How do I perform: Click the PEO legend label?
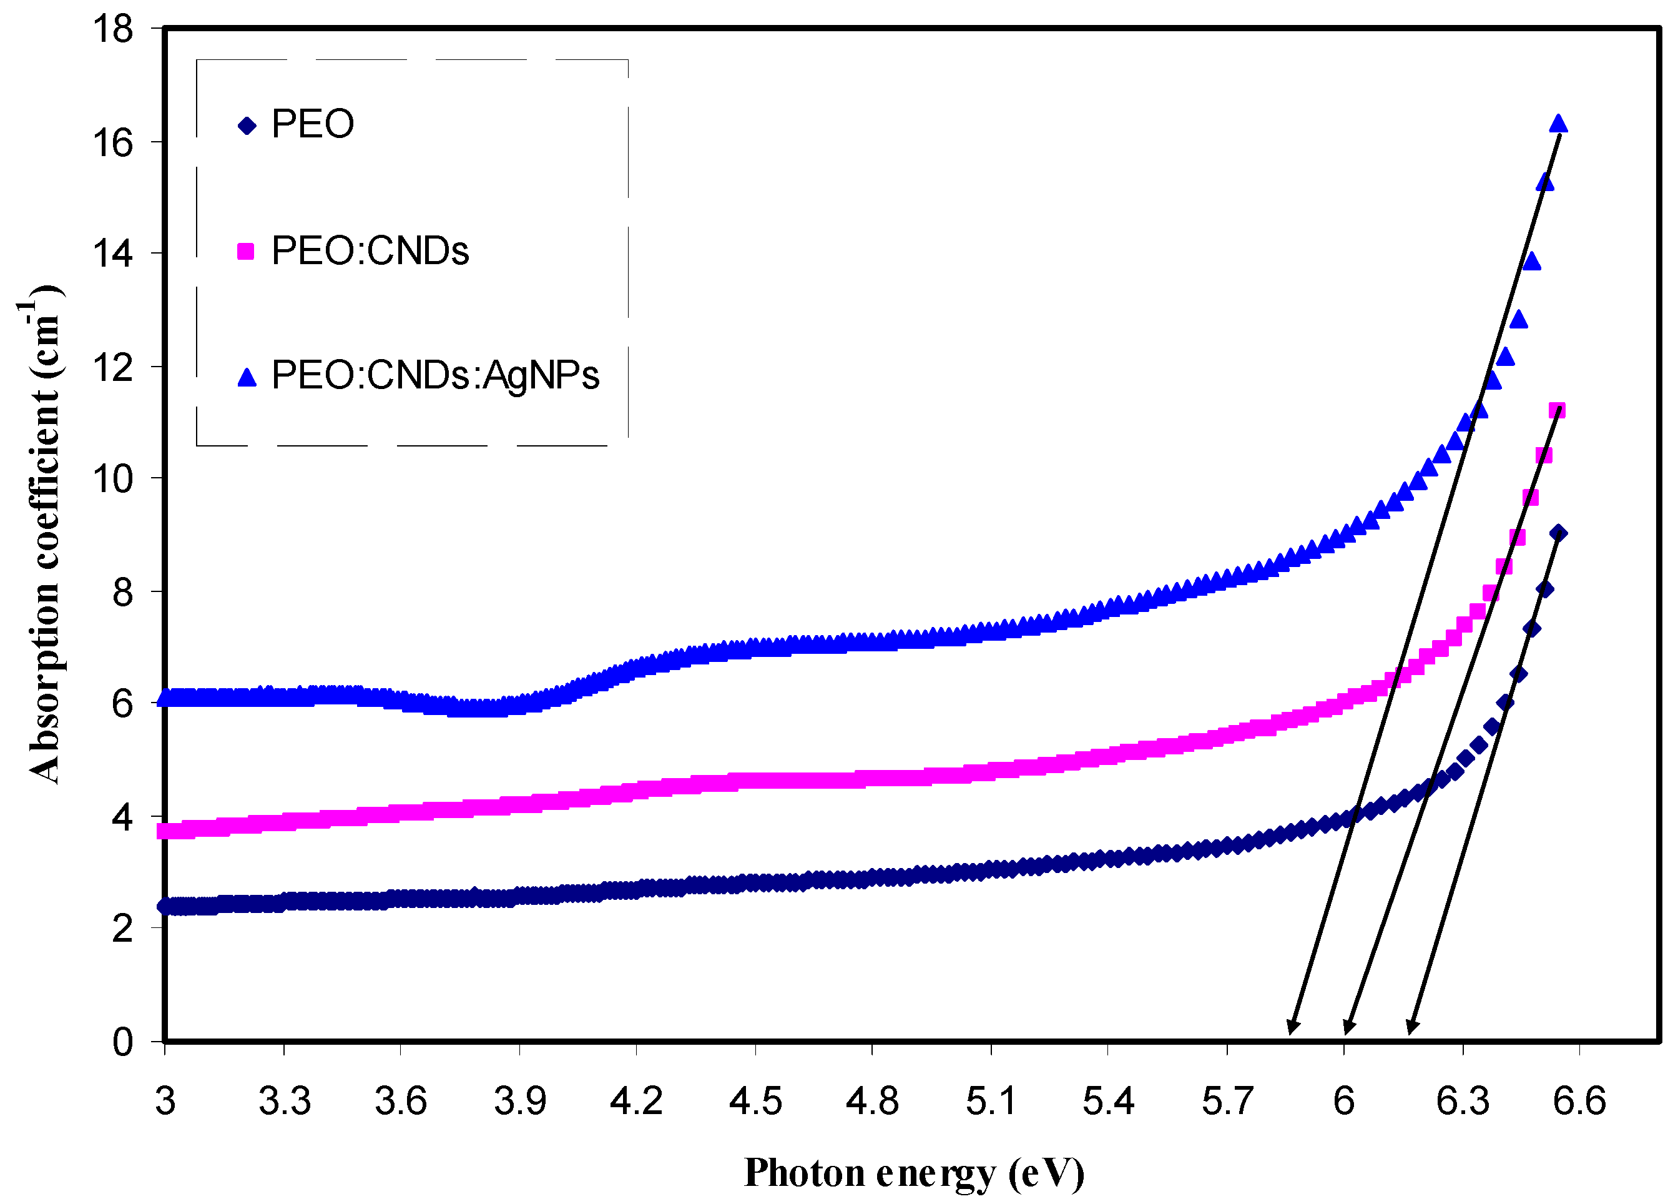point(312,124)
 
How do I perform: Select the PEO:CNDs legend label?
point(370,251)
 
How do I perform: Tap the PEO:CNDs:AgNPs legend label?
point(435,375)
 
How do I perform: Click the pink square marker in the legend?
point(245,252)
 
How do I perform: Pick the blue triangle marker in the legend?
point(247,377)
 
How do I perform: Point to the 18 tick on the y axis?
point(112,29)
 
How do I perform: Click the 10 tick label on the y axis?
point(112,479)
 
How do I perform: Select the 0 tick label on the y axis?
point(122,1042)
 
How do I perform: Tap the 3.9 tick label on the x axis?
point(519,1101)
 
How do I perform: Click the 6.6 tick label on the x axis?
point(1579,1101)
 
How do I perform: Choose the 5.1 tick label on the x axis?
point(991,1101)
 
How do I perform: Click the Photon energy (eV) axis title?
point(914,1173)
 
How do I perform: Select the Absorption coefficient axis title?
point(43,533)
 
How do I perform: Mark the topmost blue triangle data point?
point(1558,124)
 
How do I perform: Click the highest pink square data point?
point(1557,411)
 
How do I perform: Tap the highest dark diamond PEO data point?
point(1558,533)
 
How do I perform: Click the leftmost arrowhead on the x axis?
point(1291,1027)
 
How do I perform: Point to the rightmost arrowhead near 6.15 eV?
point(1410,1027)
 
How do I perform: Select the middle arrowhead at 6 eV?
point(1347,1027)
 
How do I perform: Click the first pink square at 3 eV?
point(167,831)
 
